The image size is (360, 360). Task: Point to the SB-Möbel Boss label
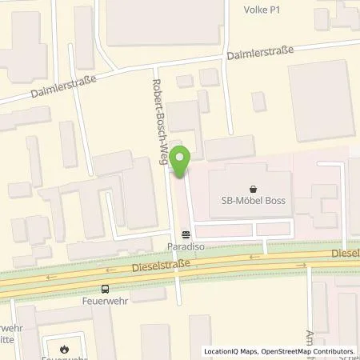tap(254, 200)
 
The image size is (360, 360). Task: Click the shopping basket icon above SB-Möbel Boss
tap(254, 189)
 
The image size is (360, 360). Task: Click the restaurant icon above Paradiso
tap(186, 235)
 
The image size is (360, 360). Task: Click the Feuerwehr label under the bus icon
tap(105, 303)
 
